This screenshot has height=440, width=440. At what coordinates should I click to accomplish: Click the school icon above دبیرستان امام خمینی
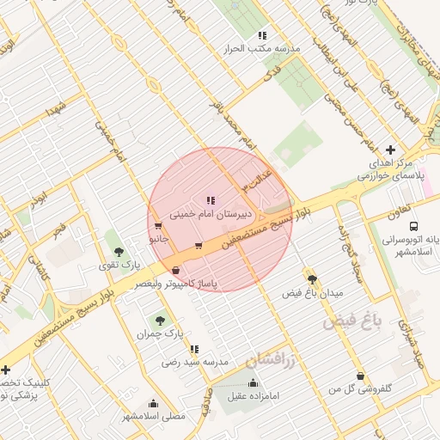[211, 199]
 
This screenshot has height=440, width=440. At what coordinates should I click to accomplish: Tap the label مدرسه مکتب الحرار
[261, 49]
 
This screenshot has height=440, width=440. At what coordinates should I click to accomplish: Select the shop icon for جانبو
[156, 226]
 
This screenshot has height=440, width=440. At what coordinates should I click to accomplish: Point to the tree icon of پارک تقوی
[118, 251]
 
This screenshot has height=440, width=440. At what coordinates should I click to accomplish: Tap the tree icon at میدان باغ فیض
[311, 278]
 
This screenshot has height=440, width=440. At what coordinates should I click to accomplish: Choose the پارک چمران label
[161, 332]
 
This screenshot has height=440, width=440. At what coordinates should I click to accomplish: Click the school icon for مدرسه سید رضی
[194, 349]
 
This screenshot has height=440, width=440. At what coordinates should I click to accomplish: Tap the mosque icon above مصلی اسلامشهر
[153, 403]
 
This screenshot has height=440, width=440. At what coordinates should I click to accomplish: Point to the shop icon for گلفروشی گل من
[359, 376]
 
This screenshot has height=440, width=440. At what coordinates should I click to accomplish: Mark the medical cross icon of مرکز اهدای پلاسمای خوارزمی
[392, 150]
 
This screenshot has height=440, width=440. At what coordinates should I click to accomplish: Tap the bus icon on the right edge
[415, 226]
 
